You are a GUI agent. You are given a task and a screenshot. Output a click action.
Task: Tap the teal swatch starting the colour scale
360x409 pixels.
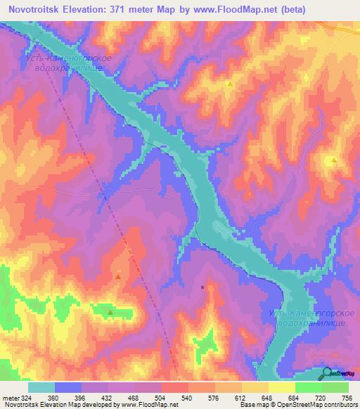41,387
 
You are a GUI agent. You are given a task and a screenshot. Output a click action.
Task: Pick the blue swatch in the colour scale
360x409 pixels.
68,387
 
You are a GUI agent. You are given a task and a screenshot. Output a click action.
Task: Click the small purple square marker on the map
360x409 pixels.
202,287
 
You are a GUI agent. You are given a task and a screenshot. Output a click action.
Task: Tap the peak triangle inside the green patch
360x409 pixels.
110,311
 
